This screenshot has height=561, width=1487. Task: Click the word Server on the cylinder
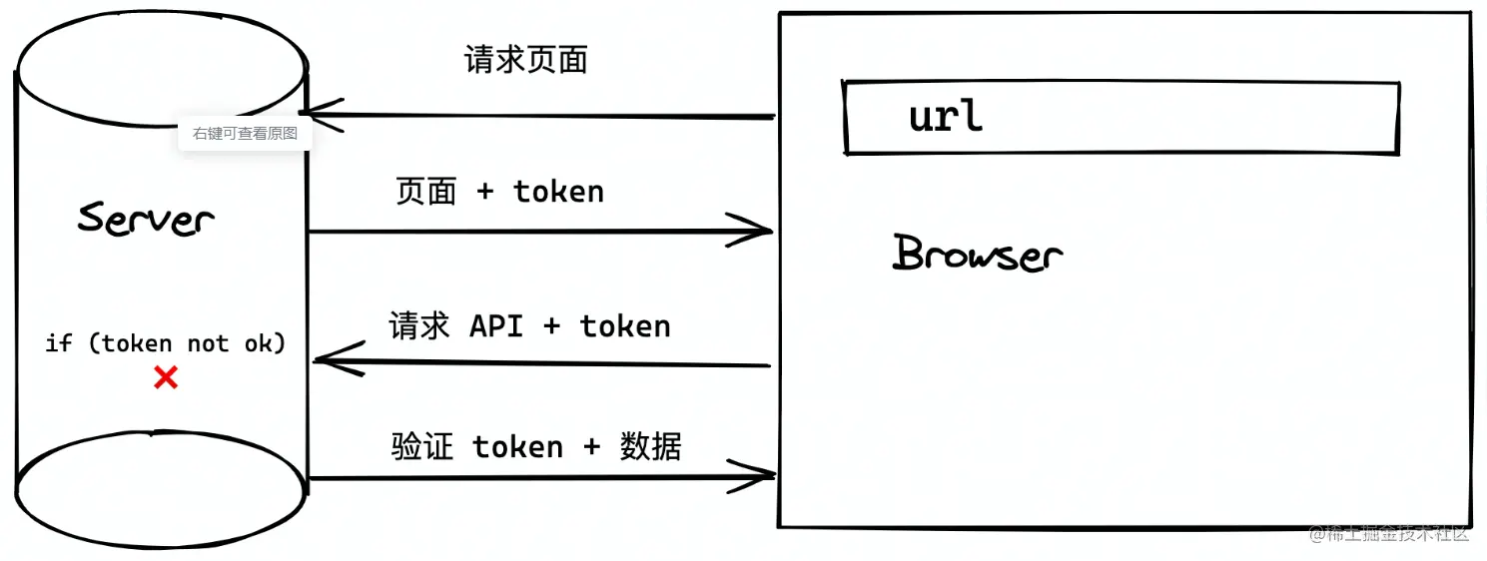click(x=147, y=219)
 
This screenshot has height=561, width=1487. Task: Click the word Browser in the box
click(x=977, y=254)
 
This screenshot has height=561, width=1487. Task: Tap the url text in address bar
click(x=945, y=117)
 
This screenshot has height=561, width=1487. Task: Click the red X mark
click(x=166, y=377)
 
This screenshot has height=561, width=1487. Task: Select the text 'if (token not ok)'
click(x=166, y=343)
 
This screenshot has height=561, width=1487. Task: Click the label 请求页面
click(x=525, y=61)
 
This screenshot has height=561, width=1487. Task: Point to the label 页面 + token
click(x=499, y=192)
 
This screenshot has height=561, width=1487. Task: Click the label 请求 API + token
click(x=529, y=326)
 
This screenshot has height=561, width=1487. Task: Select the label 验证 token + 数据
click(x=536, y=446)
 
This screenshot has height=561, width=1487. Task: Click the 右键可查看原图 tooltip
click(x=245, y=133)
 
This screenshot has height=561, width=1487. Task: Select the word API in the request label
click(x=496, y=326)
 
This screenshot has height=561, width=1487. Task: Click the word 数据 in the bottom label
click(x=650, y=446)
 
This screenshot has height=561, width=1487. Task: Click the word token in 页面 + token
click(x=558, y=192)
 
